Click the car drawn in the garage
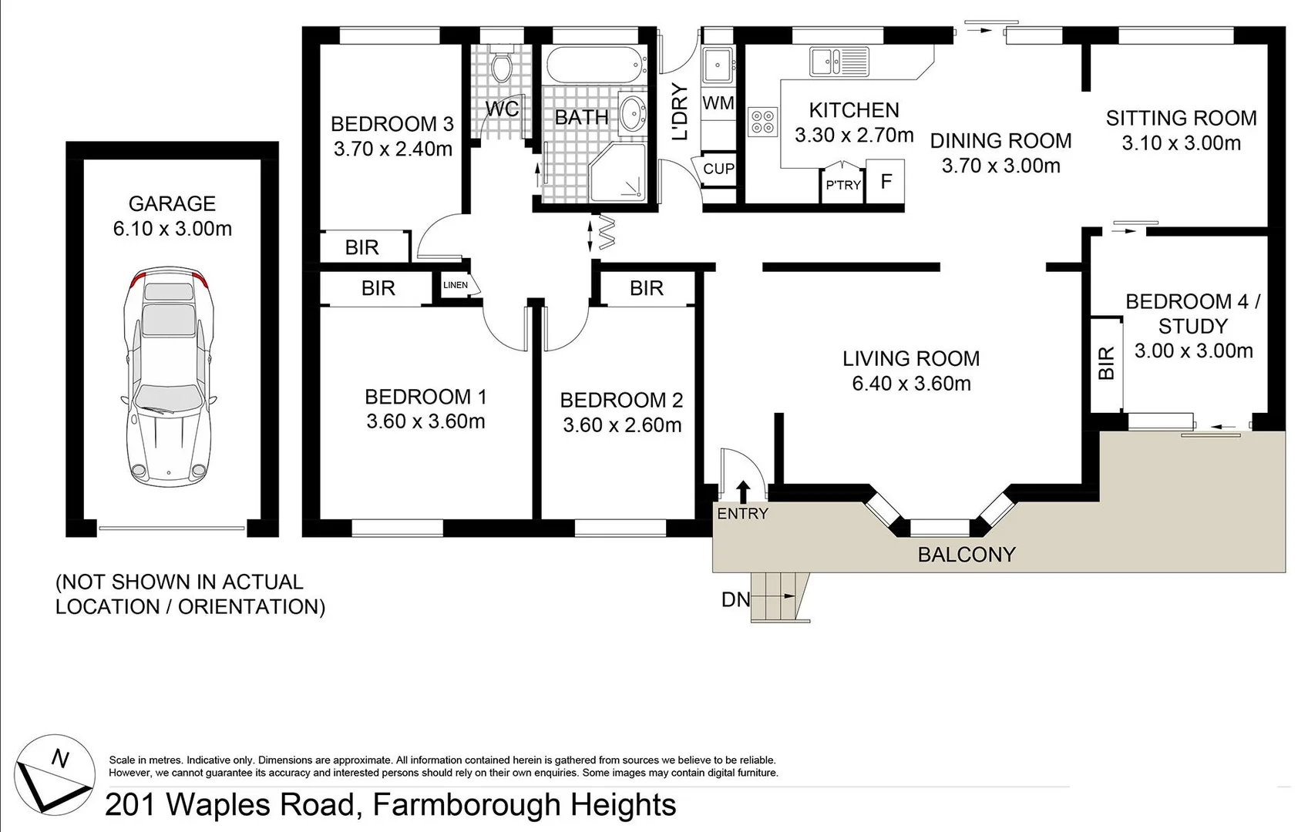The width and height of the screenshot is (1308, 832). (x=168, y=377)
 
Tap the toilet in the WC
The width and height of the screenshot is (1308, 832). (x=502, y=67)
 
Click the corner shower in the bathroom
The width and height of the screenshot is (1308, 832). (x=620, y=173)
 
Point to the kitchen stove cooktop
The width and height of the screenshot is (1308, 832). (x=763, y=122)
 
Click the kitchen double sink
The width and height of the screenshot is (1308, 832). (x=839, y=61)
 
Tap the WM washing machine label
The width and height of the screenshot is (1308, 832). (x=718, y=103)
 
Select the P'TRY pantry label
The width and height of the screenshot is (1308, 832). (x=842, y=185)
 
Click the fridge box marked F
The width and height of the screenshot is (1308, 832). (x=886, y=182)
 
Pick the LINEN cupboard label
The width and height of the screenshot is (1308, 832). (x=456, y=285)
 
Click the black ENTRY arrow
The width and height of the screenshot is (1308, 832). (x=743, y=491)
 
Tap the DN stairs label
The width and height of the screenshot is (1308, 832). (x=735, y=599)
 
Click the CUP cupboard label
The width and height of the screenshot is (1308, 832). (x=718, y=169)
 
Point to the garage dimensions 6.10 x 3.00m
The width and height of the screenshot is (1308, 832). (x=172, y=229)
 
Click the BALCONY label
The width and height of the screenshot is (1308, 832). (x=966, y=555)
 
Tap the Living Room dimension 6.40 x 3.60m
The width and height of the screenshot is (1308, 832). (x=911, y=384)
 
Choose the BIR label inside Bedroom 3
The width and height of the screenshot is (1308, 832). (x=361, y=247)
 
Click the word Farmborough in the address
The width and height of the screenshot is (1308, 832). (x=466, y=805)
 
